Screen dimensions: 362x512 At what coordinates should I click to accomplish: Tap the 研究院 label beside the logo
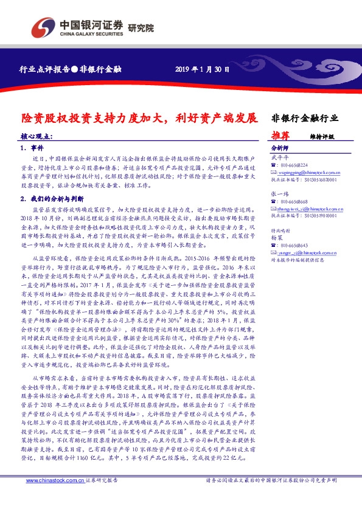click(x=141, y=27)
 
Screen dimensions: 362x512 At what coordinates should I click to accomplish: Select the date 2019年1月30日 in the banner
click(x=202, y=69)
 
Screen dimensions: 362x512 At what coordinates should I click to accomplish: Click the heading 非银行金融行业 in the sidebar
click(x=304, y=117)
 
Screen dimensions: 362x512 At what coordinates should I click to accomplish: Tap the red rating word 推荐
click(x=280, y=136)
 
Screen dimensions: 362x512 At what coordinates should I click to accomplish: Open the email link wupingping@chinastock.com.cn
click(x=307, y=172)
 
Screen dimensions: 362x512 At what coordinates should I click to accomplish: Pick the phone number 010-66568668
click(x=294, y=201)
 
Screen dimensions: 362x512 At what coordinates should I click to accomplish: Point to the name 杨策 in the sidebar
click(x=277, y=238)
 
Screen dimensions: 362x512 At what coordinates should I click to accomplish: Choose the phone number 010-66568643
click(x=294, y=245)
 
